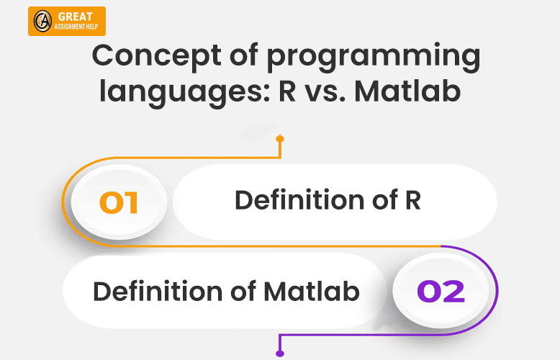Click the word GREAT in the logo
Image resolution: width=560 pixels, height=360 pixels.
click(x=75, y=17)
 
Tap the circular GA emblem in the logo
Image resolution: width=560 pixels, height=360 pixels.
click(x=43, y=21)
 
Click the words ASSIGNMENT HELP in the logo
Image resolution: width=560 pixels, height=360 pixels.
click(x=76, y=27)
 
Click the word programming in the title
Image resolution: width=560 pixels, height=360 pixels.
click(x=374, y=58)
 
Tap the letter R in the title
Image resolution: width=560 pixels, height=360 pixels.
click(x=287, y=91)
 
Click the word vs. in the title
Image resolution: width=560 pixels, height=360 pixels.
click(x=325, y=93)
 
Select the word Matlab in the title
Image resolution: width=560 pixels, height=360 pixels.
click(x=407, y=91)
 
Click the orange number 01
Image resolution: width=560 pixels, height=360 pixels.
click(x=119, y=202)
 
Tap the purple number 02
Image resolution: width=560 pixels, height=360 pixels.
click(x=441, y=291)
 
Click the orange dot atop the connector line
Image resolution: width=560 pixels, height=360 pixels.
click(x=280, y=138)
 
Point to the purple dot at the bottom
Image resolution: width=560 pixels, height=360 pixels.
click(x=280, y=354)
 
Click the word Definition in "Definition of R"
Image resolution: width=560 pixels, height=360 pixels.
click(x=299, y=199)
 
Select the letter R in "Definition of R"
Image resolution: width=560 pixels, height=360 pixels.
click(x=413, y=200)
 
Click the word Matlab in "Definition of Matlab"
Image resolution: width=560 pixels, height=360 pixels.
click(x=311, y=291)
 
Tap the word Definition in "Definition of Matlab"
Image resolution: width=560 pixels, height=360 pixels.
click(x=157, y=291)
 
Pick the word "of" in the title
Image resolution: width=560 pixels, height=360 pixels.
click(x=244, y=55)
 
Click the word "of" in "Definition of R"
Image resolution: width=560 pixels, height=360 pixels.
click(x=385, y=199)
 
